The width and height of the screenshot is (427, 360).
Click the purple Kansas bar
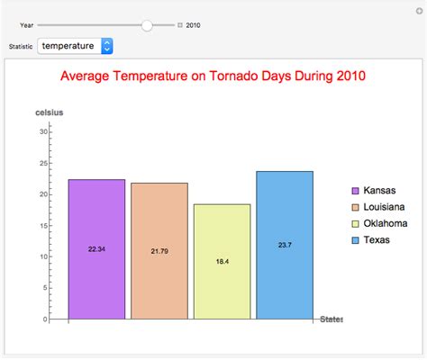click(96, 249)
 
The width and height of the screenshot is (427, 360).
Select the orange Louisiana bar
click(159, 251)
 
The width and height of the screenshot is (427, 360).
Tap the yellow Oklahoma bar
click(223, 262)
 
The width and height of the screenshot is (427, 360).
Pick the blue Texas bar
click(285, 245)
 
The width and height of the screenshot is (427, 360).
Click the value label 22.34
click(96, 249)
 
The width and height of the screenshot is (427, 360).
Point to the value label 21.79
click(159, 251)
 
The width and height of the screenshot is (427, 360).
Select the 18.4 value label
click(223, 262)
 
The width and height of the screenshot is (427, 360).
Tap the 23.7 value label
click(285, 245)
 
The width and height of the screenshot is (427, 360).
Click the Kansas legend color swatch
click(355, 191)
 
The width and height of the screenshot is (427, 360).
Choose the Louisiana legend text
click(384, 207)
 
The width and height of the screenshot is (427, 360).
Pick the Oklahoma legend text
click(386, 223)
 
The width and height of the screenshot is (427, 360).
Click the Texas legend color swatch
click(355, 240)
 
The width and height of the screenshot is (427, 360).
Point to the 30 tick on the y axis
click(44, 131)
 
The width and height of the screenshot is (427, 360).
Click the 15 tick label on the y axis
click(44, 226)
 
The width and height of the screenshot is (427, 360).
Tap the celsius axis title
click(50, 112)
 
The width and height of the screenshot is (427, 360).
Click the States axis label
click(332, 319)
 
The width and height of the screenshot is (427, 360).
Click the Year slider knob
click(147, 25)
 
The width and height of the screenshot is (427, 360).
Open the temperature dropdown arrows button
click(107, 46)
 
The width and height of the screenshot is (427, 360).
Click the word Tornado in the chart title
click(234, 76)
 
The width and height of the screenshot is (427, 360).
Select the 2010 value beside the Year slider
click(193, 25)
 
